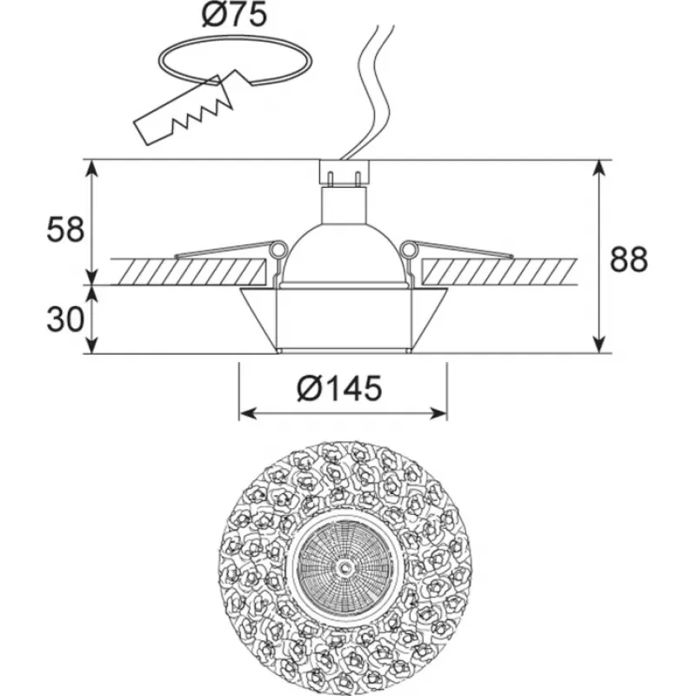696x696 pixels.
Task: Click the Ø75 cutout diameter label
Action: point(234,15)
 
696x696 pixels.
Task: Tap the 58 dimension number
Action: point(66,231)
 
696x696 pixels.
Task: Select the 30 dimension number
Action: point(65,319)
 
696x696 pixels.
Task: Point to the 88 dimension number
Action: point(629,259)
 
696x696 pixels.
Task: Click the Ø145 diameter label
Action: point(340,388)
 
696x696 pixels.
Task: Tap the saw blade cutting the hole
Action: point(183,111)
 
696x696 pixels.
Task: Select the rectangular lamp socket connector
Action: point(344,172)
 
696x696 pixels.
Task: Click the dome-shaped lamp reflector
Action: point(345,254)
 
